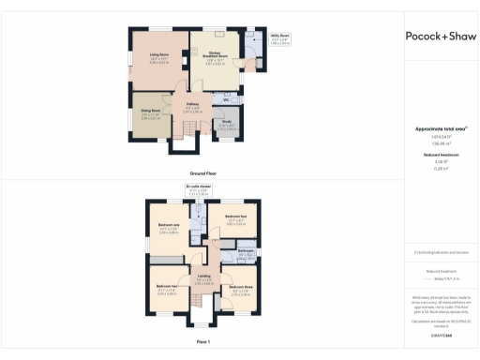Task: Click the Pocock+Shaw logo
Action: click(x=441, y=36)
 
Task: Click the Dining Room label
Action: click(x=152, y=113)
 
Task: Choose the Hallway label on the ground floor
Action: click(x=192, y=107)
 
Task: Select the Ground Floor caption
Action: click(x=204, y=174)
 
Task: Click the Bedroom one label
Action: click(x=168, y=229)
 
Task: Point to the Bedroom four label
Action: click(x=235, y=221)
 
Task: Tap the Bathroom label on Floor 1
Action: click(x=246, y=253)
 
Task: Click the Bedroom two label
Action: click(x=167, y=291)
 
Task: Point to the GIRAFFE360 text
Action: click(x=441, y=336)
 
